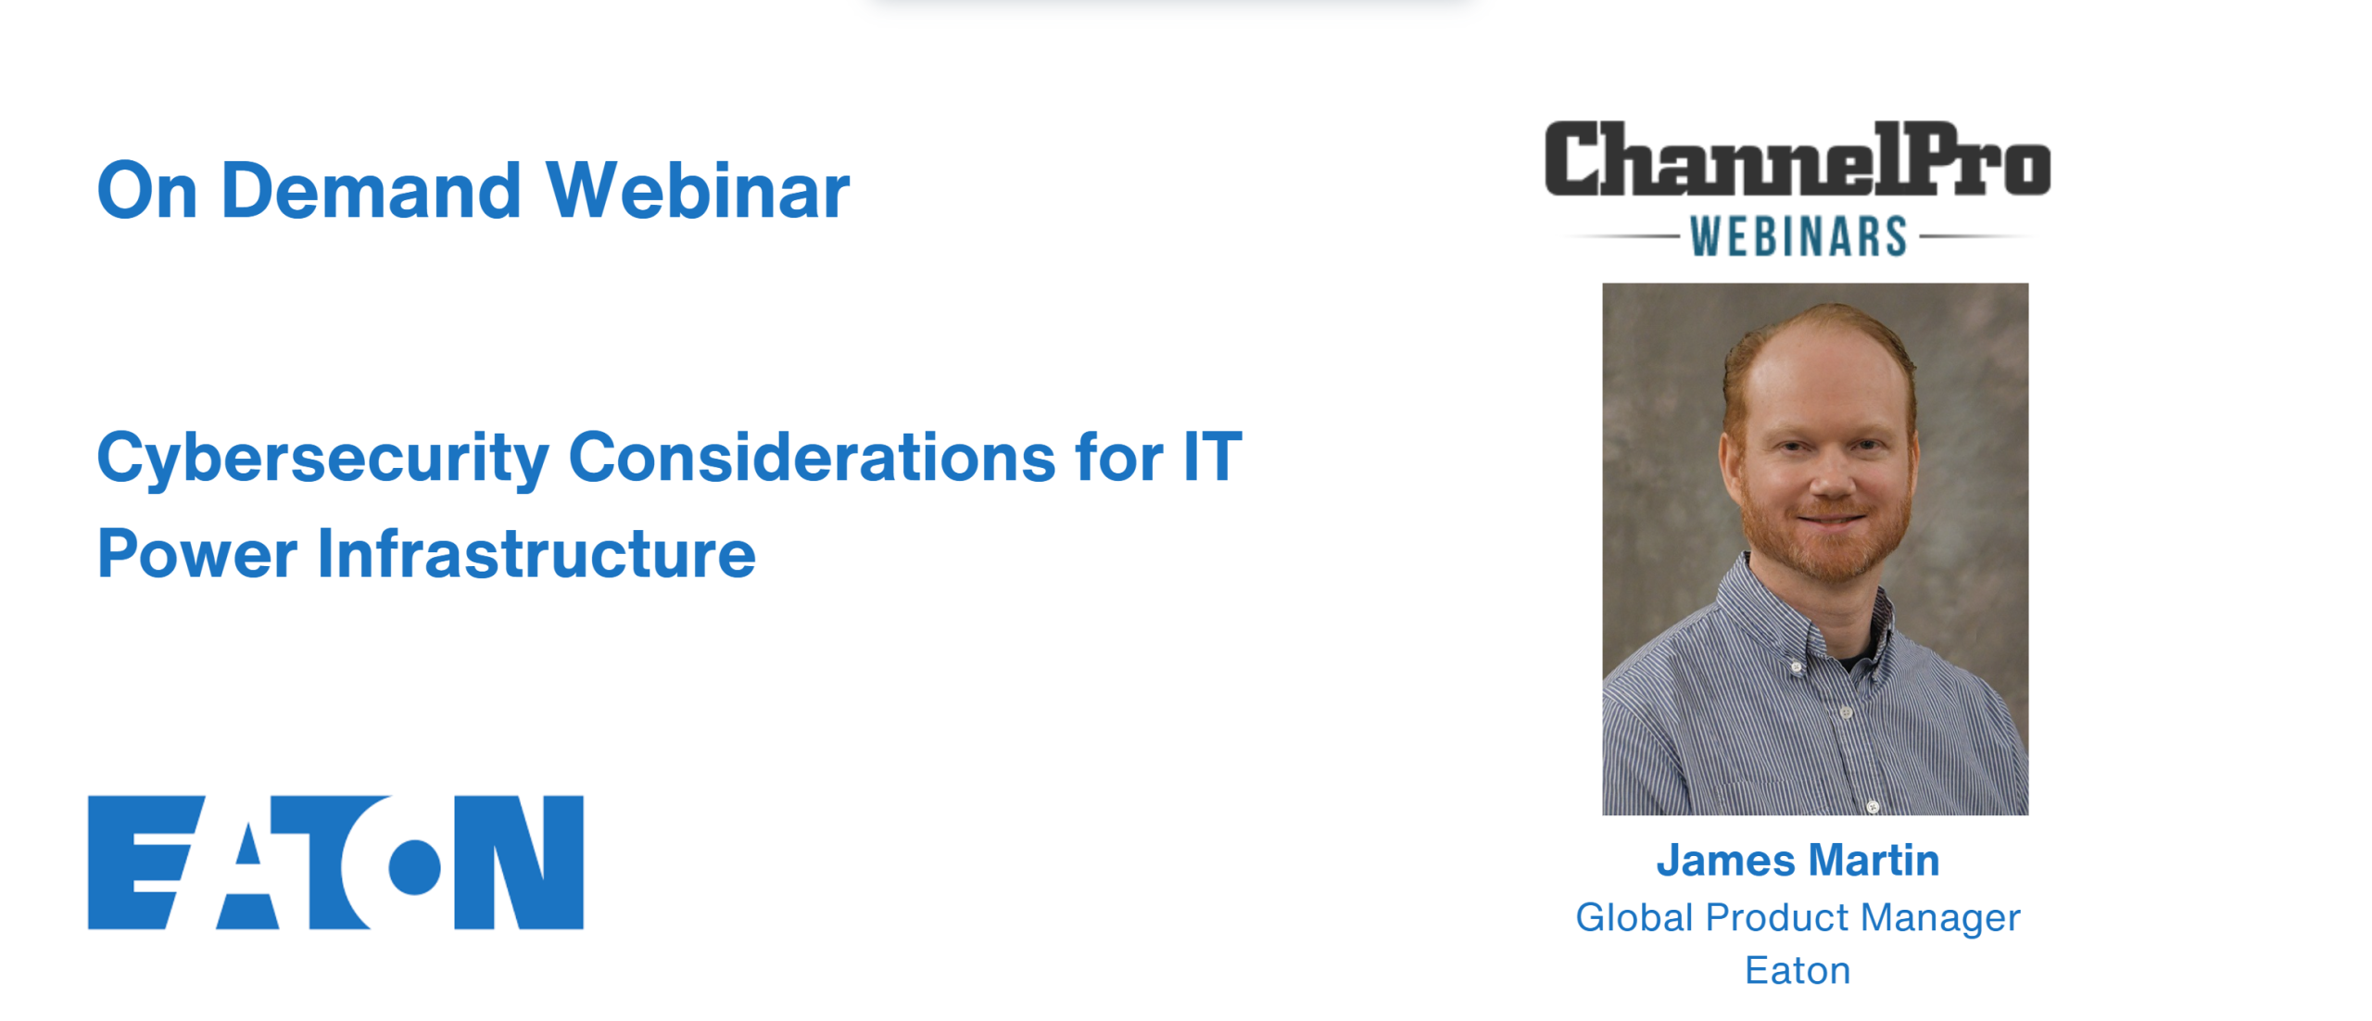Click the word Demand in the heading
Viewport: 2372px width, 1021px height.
pos(371,190)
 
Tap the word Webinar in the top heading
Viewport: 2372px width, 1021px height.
pos(697,190)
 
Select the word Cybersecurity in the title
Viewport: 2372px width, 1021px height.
pos(323,459)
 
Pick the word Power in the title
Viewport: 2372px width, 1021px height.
pos(197,554)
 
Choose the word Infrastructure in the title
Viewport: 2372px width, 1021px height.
pos(536,553)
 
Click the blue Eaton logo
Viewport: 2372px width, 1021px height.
pos(335,862)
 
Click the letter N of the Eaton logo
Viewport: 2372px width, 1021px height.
pos(519,862)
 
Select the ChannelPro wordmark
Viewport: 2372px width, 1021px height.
pos(1797,159)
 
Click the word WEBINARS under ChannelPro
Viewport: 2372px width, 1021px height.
pos(1798,236)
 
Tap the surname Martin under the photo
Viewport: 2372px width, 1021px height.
pos(1874,860)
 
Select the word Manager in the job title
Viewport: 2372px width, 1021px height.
pos(1940,919)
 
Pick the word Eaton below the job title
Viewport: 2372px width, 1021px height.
pos(1798,970)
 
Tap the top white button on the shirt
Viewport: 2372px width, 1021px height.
pos(1798,667)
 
